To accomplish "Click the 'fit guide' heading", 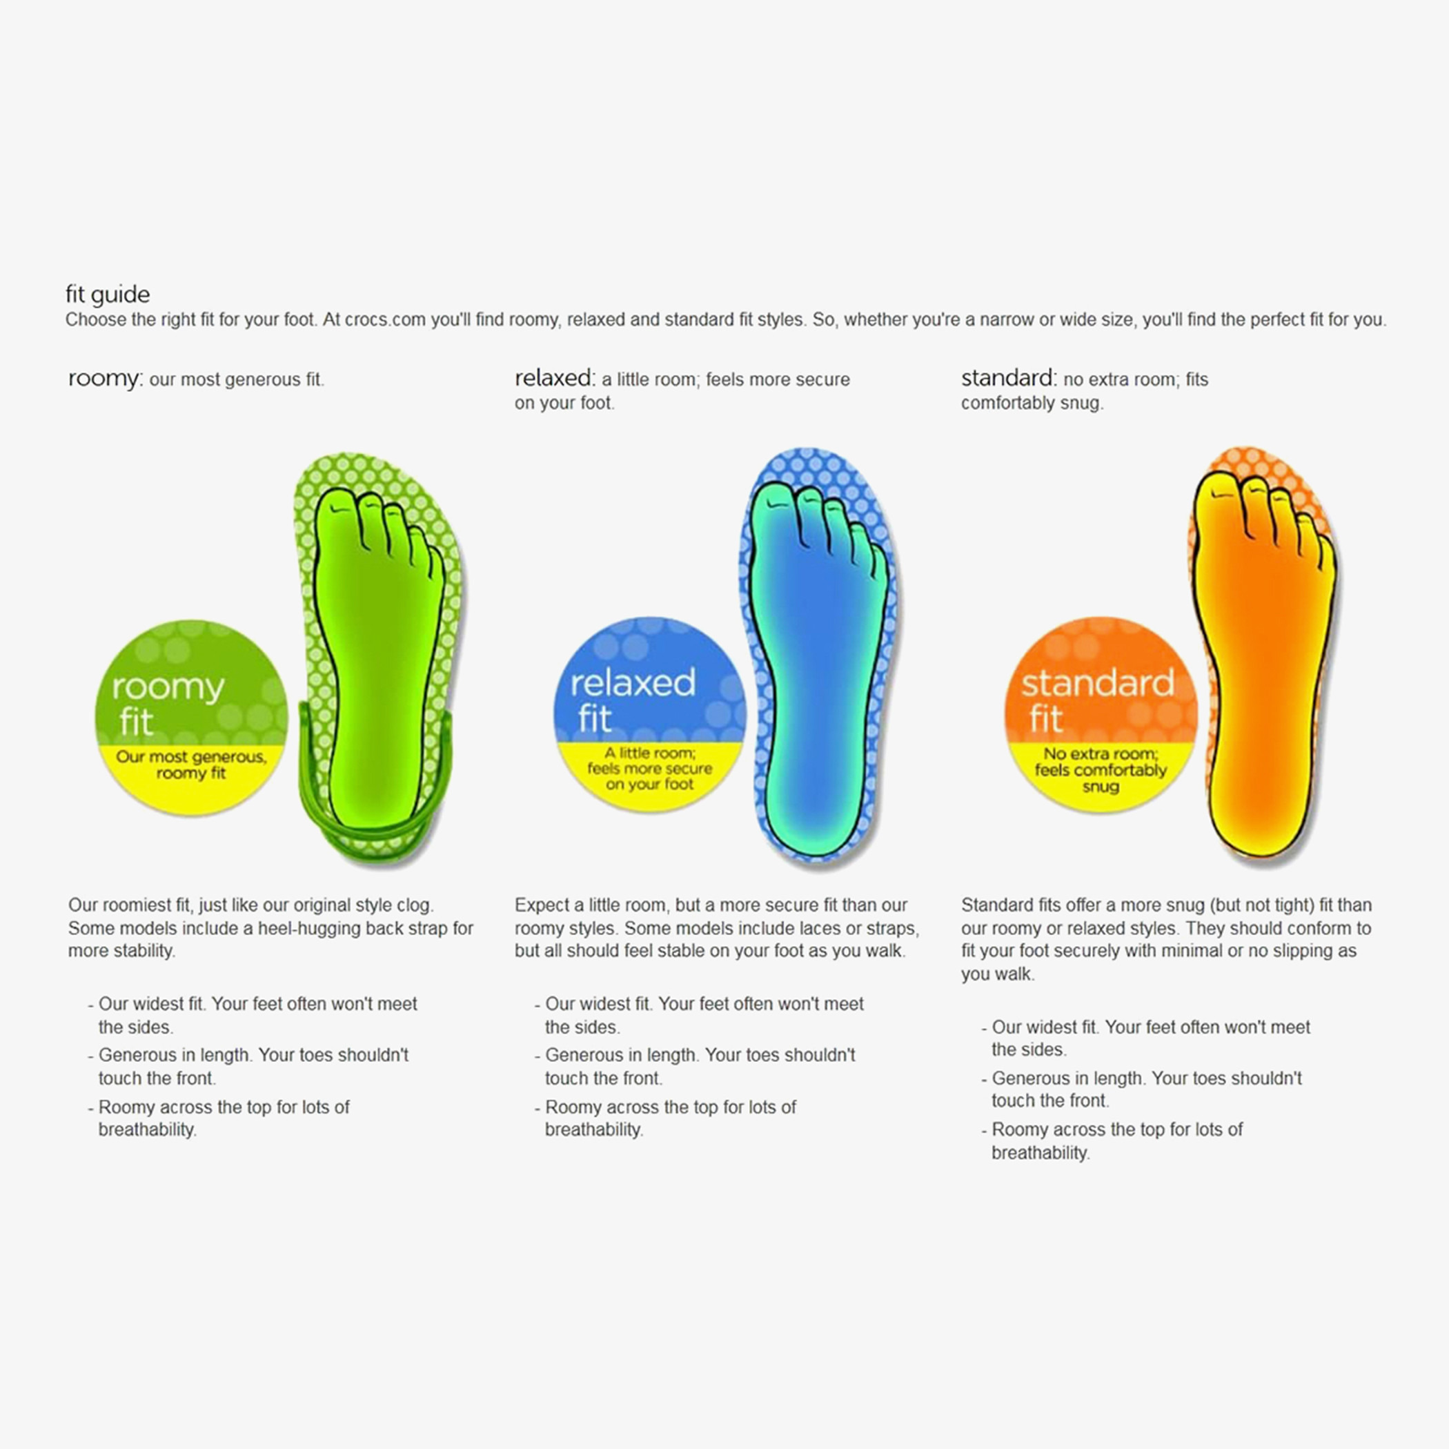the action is point(107,295).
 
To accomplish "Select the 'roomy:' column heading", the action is point(104,379).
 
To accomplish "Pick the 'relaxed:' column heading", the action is point(554,378).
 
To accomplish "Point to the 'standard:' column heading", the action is point(1009,378).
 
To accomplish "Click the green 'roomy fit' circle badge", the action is point(191,717).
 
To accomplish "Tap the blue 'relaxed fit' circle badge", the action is point(649,714).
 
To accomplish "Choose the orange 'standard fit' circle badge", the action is point(1101,715).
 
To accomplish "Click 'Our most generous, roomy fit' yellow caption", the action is point(191,765).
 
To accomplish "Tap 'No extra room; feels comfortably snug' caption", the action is point(1101,770).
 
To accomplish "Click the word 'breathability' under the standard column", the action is point(1041,1153).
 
